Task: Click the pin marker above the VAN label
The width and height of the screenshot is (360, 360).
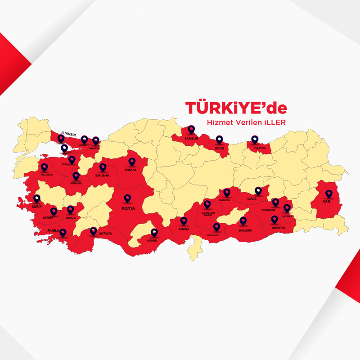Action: (329, 194)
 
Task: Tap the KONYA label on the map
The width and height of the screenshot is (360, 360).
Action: (128, 208)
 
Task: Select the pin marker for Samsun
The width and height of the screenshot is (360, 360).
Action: (192, 130)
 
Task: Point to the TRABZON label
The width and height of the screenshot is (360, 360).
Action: (260, 148)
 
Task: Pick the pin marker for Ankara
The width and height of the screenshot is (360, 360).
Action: (132, 162)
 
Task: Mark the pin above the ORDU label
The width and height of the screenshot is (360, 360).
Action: (219, 139)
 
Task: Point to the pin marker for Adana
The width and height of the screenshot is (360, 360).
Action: (184, 221)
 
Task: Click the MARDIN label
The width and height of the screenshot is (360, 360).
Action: (279, 228)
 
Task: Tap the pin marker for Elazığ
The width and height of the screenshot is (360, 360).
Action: (258, 191)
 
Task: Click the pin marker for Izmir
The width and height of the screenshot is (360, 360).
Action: (37, 198)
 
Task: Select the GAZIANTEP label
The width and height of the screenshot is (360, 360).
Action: (216, 235)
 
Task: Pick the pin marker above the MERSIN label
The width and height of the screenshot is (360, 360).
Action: (154, 233)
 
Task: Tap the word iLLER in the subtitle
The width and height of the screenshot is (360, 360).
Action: (274, 122)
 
